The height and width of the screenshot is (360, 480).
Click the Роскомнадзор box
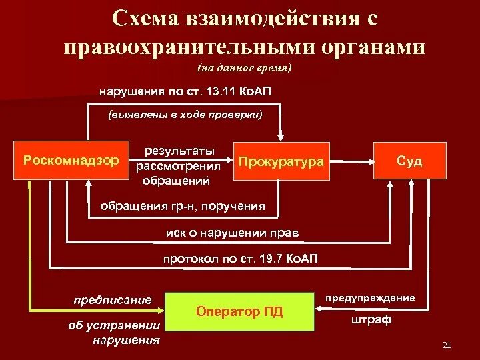click(71, 161)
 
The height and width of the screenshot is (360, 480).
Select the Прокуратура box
click(282, 161)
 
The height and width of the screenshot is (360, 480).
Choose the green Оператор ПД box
click(240, 311)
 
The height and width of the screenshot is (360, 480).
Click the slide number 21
click(447, 345)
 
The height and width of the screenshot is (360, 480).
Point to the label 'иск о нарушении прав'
click(233, 233)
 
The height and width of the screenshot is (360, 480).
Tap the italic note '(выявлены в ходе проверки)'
click(185, 115)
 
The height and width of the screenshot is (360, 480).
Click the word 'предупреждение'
click(370, 297)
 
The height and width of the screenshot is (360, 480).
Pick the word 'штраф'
click(371, 321)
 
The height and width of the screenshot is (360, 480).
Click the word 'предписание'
click(113, 300)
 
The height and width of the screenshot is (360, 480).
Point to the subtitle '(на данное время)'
click(245, 68)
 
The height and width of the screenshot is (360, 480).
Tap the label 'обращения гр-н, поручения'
click(182, 206)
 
